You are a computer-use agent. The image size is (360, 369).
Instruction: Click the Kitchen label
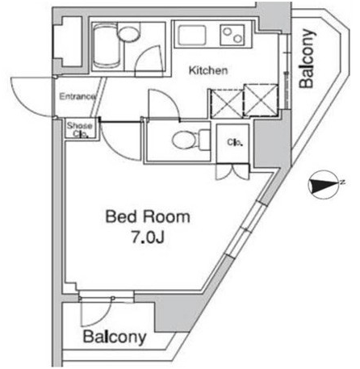(x=208, y=70)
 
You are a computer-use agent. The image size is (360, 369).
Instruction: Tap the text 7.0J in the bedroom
(x=148, y=237)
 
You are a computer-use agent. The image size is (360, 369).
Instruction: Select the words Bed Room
(x=148, y=217)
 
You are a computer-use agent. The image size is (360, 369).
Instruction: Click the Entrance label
(x=77, y=96)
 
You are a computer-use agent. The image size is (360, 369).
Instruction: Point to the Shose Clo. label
(x=79, y=129)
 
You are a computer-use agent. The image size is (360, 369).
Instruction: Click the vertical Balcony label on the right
(x=307, y=58)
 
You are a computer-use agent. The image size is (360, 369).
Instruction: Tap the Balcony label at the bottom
(x=115, y=337)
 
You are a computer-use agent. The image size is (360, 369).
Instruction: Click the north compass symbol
(x=324, y=185)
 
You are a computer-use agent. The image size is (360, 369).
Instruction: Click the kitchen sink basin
(x=192, y=36)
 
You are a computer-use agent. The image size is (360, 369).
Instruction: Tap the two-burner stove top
(x=232, y=35)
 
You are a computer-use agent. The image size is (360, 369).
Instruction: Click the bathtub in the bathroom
(x=106, y=45)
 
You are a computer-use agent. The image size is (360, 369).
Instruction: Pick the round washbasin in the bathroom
(x=128, y=34)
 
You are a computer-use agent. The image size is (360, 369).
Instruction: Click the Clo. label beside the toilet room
(x=235, y=142)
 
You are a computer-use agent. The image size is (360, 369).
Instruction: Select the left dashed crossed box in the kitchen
(x=227, y=103)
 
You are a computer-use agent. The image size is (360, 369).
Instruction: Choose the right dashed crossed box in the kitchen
(x=262, y=100)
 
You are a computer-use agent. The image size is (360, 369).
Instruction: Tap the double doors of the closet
(x=232, y=171)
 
